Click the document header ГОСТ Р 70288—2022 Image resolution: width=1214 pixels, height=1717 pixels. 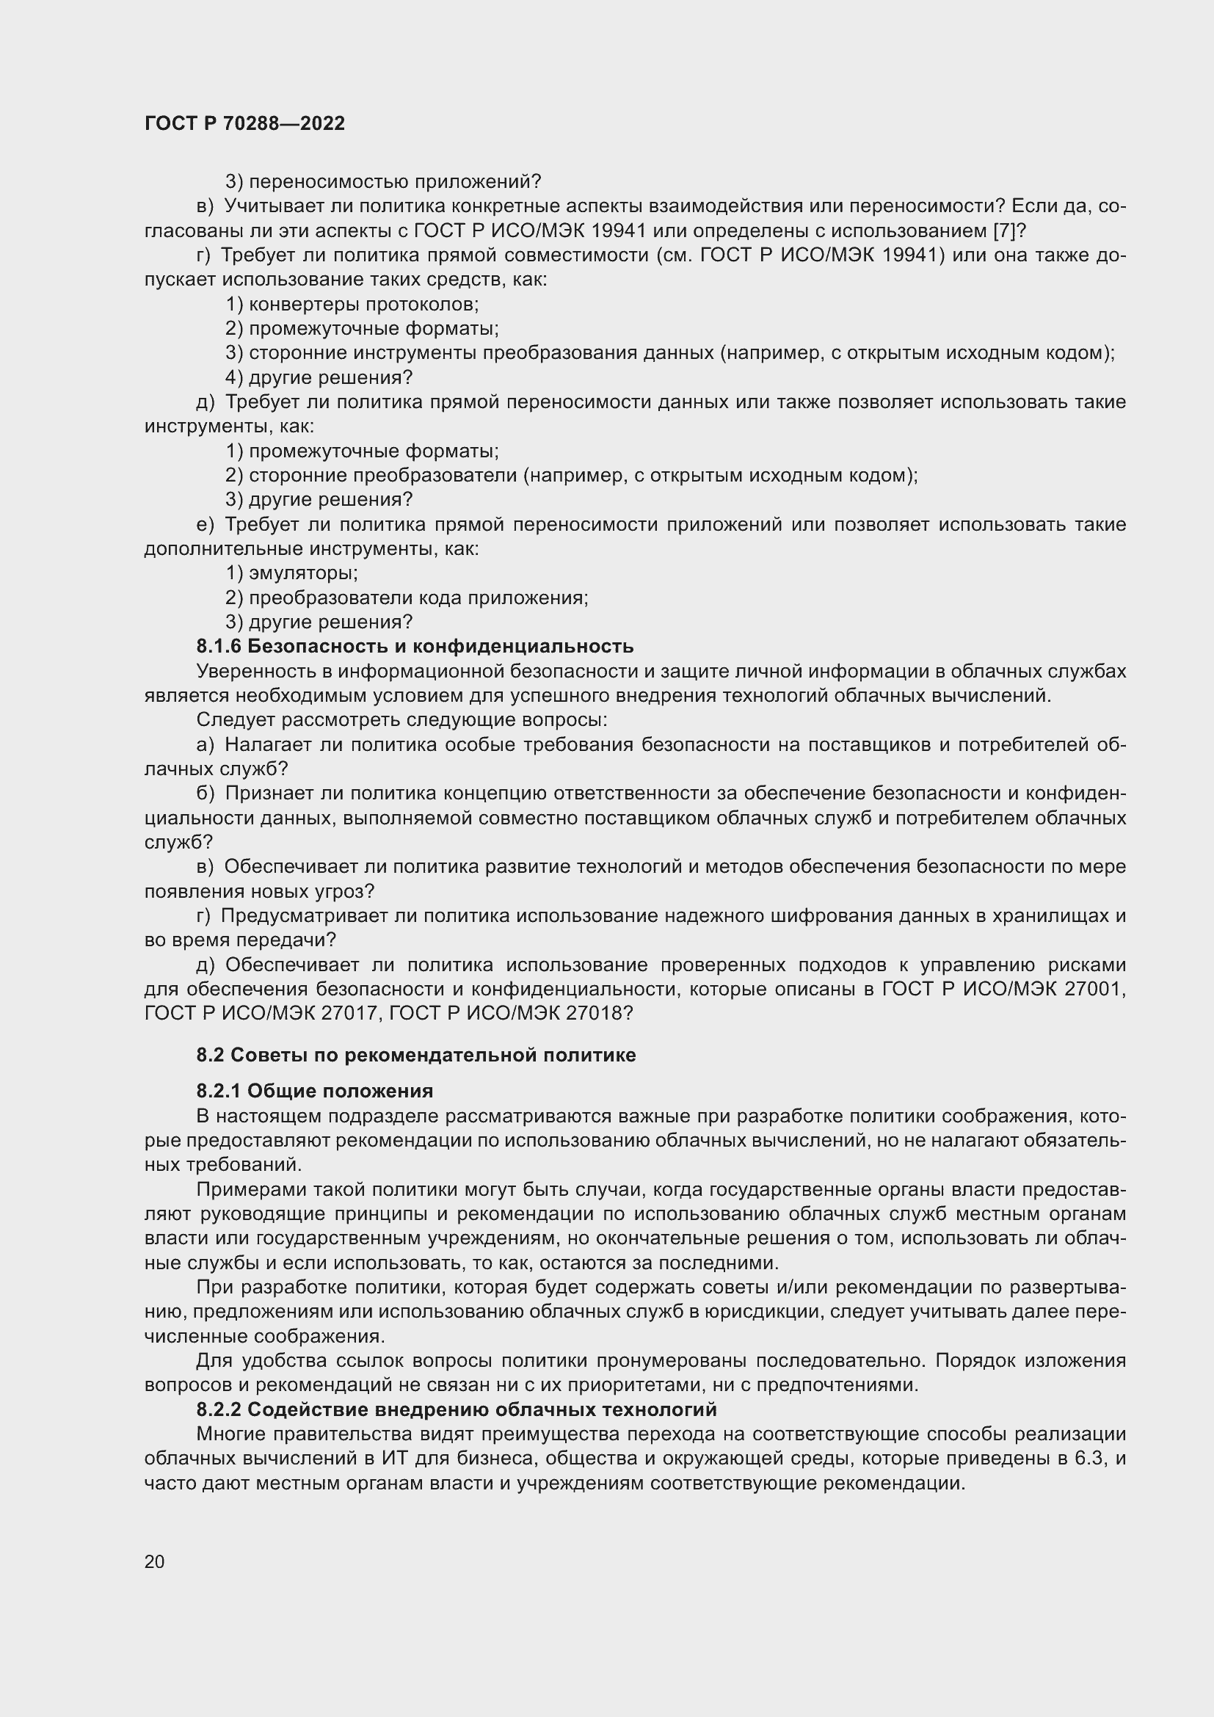coord(244,123)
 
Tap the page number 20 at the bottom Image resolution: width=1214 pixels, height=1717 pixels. coord(155,1561)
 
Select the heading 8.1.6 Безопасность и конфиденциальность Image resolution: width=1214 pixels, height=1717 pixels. coord(415,646)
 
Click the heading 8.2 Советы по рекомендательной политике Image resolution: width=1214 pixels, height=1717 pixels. coord(415,1055)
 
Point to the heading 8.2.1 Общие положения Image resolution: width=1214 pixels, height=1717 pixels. coord(315,1091)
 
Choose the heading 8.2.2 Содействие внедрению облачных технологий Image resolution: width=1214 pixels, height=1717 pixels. coord(456,1409)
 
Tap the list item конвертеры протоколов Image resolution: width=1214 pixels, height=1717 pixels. coord(363,305)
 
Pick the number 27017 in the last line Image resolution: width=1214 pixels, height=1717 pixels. coord(353,1013)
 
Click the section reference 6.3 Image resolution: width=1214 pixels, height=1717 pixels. coord(1088,1459)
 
